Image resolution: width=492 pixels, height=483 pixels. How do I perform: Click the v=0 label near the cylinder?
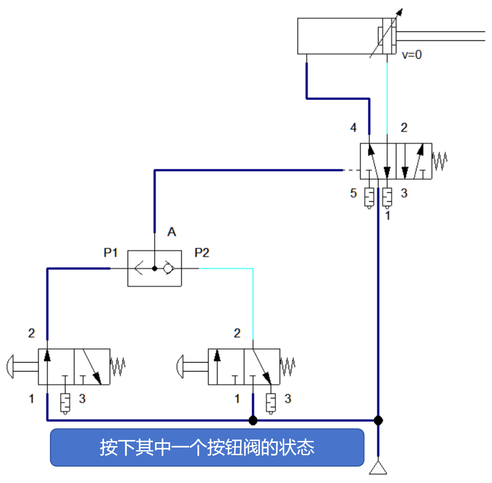coord(412,55)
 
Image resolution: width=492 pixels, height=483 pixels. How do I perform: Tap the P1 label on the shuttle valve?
coord(111,253)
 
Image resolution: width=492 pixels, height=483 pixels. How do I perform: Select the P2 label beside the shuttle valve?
coord(202,253)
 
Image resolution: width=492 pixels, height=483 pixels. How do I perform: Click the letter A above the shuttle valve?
coord(172,232)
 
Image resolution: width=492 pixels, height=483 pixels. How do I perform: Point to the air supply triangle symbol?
coord(378,468)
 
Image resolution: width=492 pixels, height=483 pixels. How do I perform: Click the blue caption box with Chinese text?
coord(207,447)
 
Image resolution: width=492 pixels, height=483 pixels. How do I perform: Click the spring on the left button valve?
coord(118,366)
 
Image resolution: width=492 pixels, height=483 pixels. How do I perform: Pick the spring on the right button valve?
coord(288,366)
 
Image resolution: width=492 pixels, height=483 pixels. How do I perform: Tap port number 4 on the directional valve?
coord(354,128)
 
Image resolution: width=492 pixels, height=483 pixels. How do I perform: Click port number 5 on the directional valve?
coord(354,193)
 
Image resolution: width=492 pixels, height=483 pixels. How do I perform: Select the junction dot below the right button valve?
coord(253,420)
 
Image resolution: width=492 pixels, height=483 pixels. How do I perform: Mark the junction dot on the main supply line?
coord(378,420)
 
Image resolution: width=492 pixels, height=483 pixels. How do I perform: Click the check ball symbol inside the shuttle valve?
coord(168,268)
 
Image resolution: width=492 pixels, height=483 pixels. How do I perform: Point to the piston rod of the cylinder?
coord(441,36)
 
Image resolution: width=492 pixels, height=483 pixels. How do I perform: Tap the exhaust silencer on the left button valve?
coord(65,403)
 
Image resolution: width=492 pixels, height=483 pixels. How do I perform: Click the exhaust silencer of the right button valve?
coord(271,403)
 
